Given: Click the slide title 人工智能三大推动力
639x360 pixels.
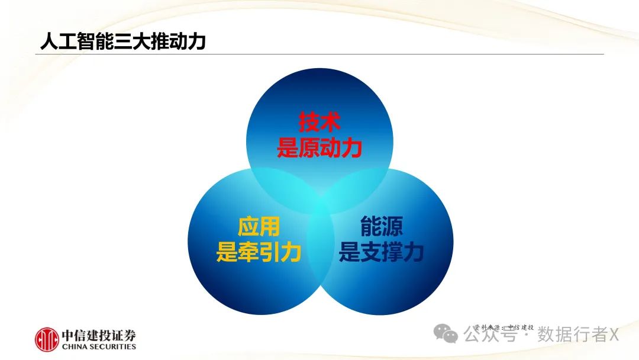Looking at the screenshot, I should [122, 41].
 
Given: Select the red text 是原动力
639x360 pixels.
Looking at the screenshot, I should [319, 148].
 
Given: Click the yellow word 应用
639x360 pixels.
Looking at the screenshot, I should [259, 227].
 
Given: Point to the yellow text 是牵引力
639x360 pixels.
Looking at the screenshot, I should [259, 253].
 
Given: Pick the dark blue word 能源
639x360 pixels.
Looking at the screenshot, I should [381, 227].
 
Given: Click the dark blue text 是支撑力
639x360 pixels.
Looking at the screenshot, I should [381, 253].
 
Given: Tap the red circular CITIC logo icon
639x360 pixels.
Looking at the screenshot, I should [47, 339].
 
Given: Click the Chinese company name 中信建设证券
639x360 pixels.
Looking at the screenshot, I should [99, 335].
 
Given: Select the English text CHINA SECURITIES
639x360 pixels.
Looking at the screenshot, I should [99, 347].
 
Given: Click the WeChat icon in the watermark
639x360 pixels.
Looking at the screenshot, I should [446, 335].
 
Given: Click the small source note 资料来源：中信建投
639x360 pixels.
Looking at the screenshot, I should [504, 327].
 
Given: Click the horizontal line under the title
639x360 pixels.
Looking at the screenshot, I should [319, 54].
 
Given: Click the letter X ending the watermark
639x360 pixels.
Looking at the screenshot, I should [614, 335].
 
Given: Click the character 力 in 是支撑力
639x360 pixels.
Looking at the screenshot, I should [415, 253].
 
